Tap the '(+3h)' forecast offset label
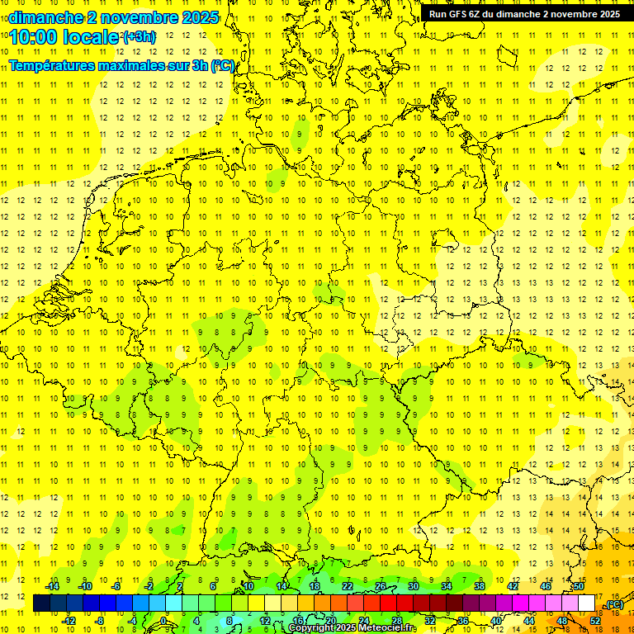point(138,37)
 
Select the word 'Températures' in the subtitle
point(50,65)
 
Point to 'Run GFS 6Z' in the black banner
point(454,14)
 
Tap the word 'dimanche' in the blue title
point(45,17)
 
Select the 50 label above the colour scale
point(579,586)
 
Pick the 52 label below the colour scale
point(595,620)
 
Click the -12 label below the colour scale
point(69,620)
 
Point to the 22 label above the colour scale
point(348,586)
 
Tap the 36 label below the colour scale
point(463,620)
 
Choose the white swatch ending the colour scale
point(587,603)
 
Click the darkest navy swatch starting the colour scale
point(41,603)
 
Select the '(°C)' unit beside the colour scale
point(613,605)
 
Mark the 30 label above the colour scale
point(414,586)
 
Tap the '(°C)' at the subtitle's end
point(222,65)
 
